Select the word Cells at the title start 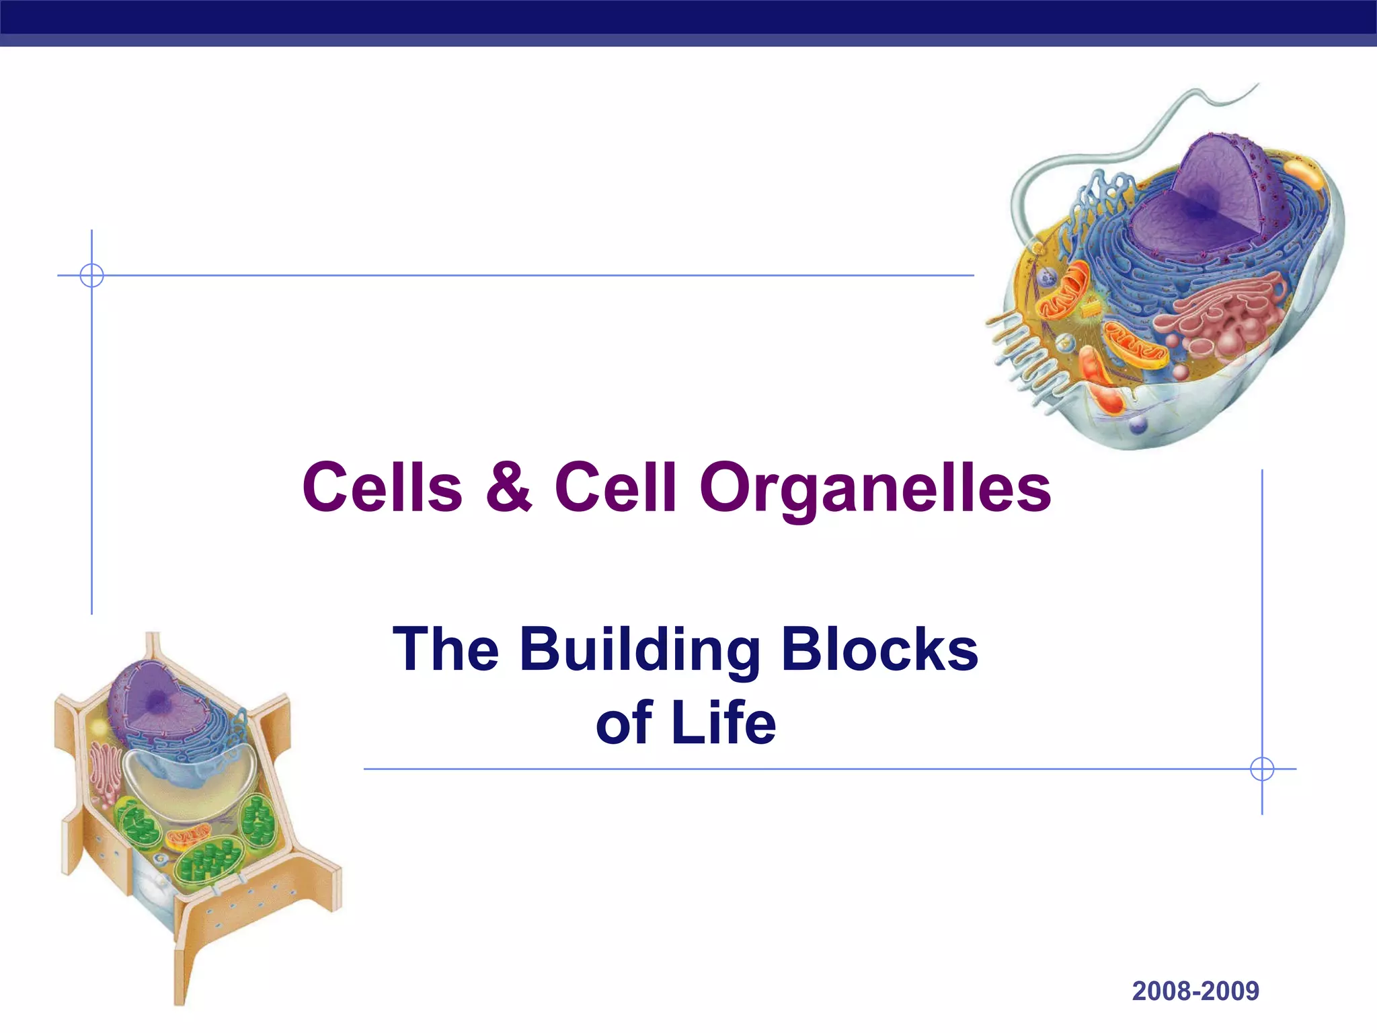coord(382,487)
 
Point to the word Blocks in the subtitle coord(879,650)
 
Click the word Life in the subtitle coord(723,724)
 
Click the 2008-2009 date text coord(1195,991)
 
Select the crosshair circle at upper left coord(91,275)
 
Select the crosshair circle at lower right coord(1262,769)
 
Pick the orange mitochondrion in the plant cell coord(188,837)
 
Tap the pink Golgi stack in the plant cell coord(106,773)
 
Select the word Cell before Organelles coord(615,487)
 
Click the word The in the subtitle coord(445,651)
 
